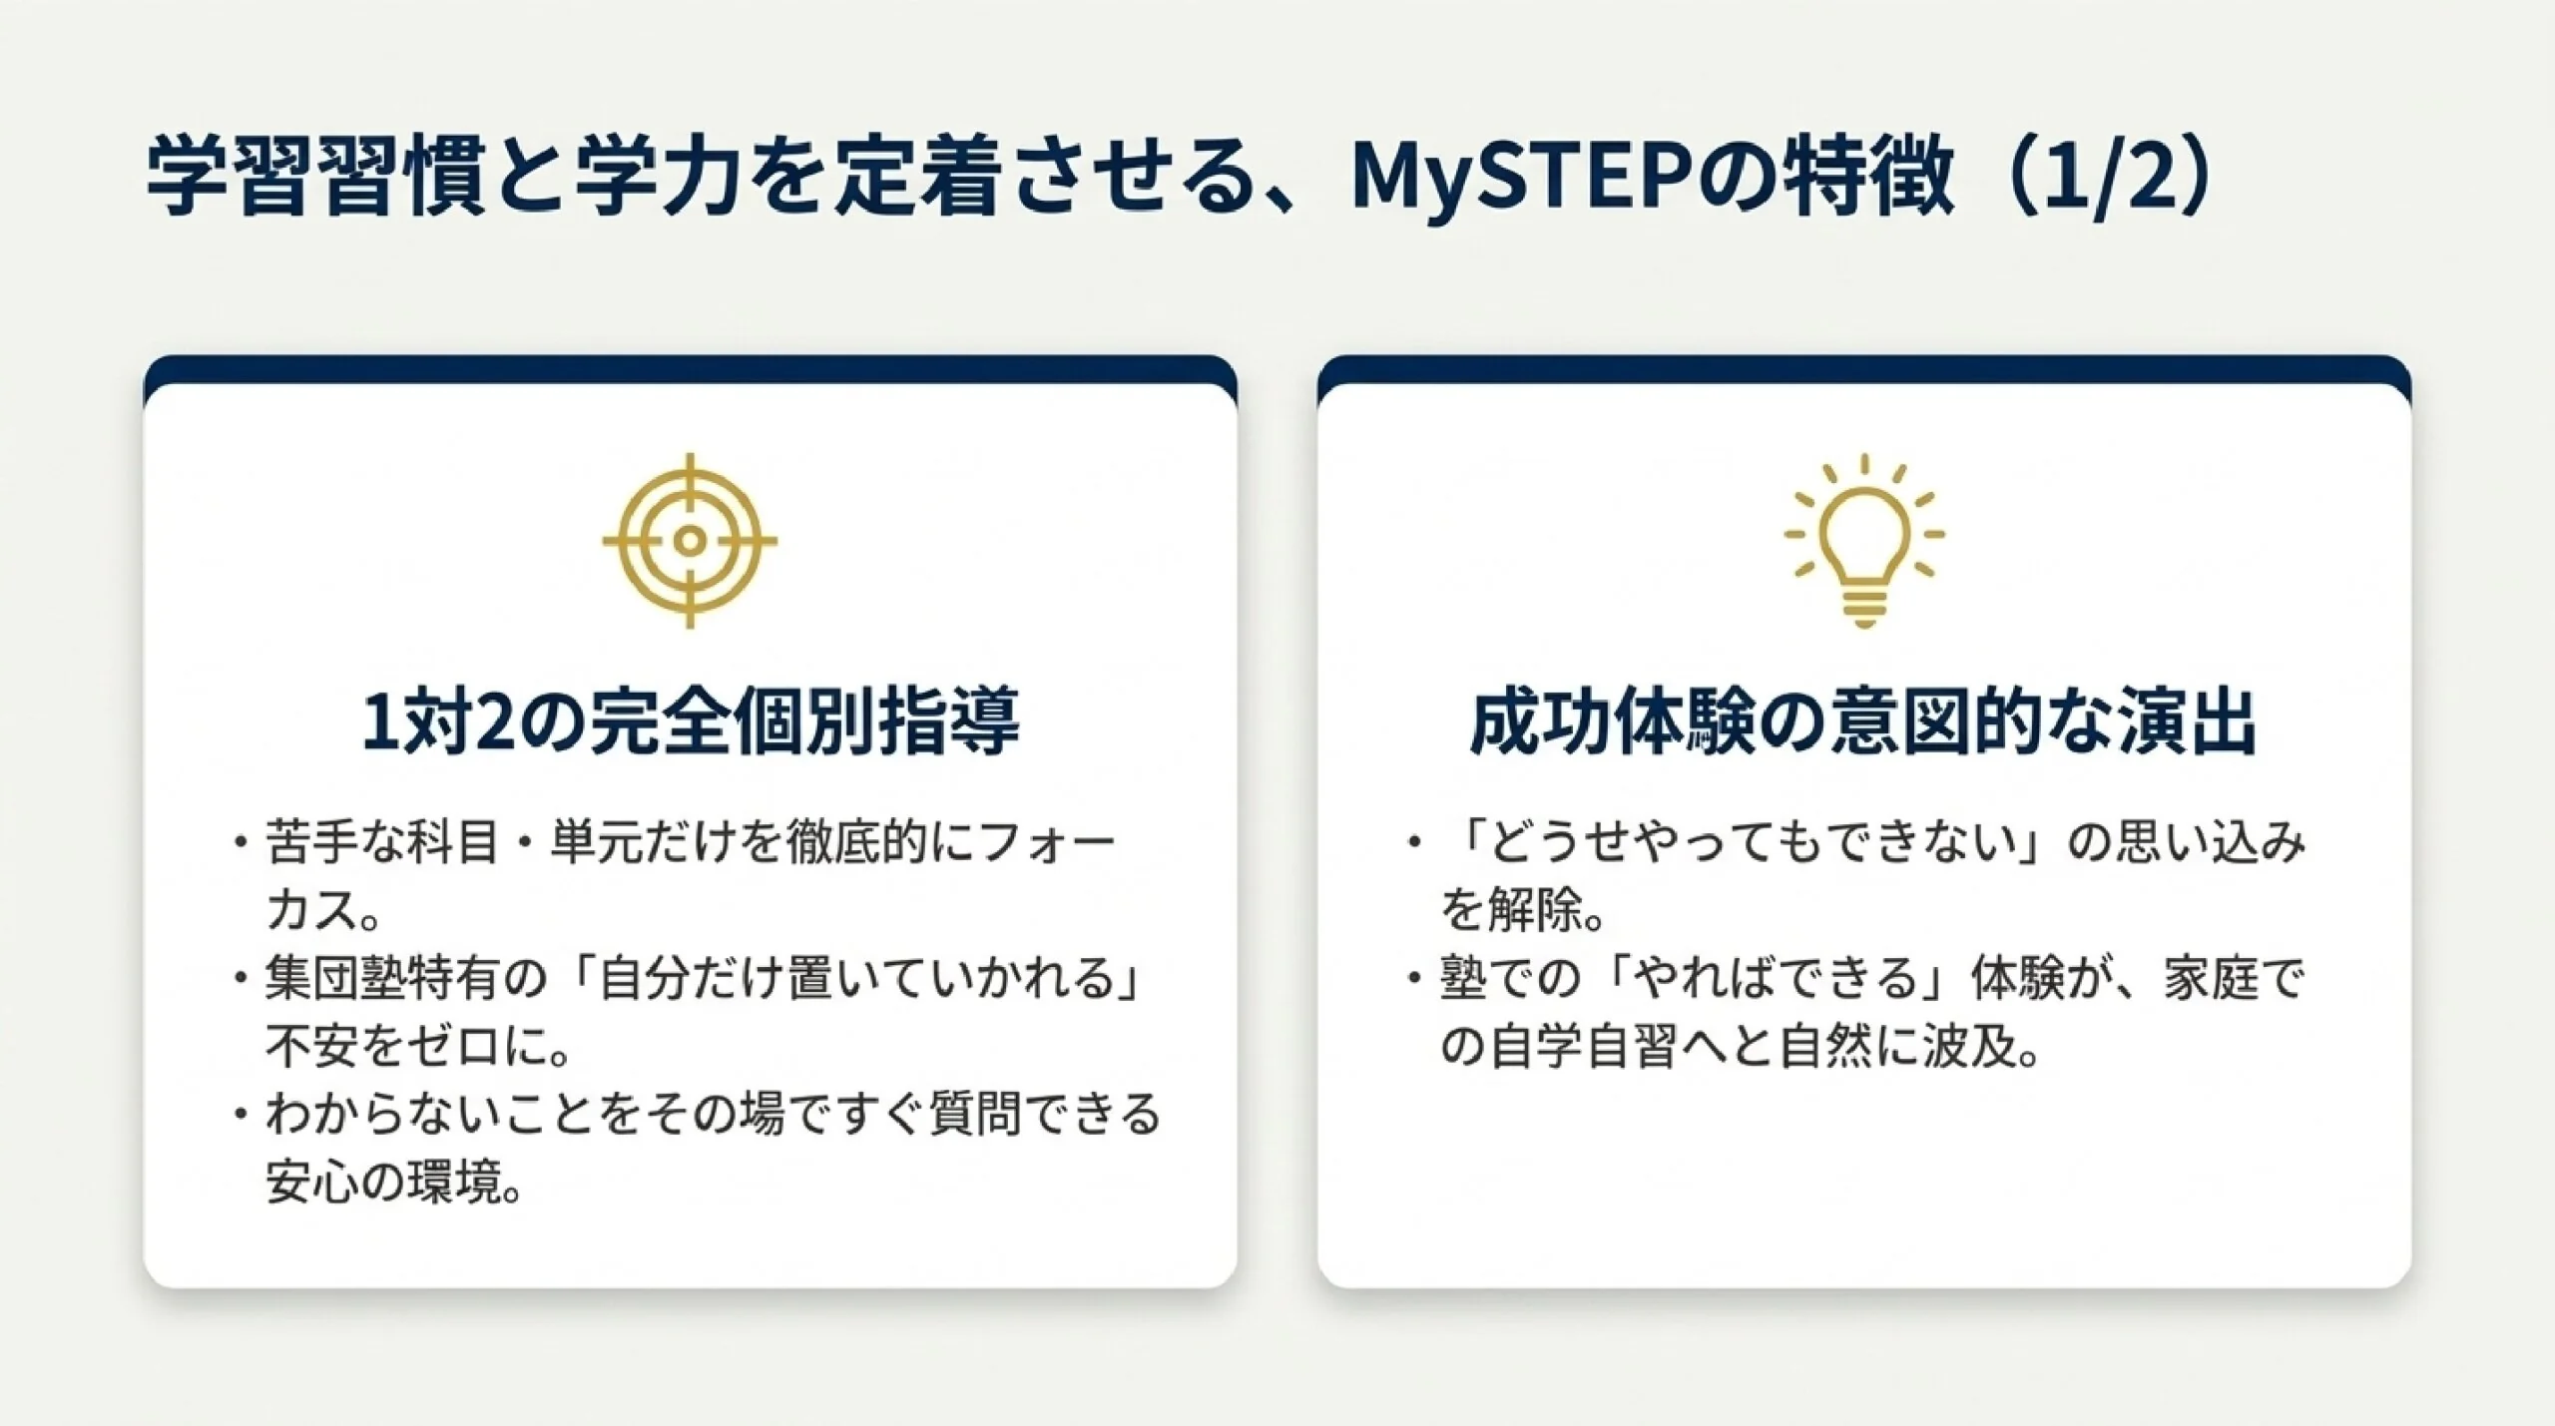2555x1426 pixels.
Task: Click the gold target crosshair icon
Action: pos(690,541)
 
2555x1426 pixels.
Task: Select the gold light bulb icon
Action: pos(1863,541)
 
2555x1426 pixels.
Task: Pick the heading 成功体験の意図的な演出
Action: pos(1863,720)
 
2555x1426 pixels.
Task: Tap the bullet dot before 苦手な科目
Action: pos(240,843)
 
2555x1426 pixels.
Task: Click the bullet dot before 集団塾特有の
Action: pos(240,979)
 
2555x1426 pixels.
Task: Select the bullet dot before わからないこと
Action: pos(240,1114)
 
